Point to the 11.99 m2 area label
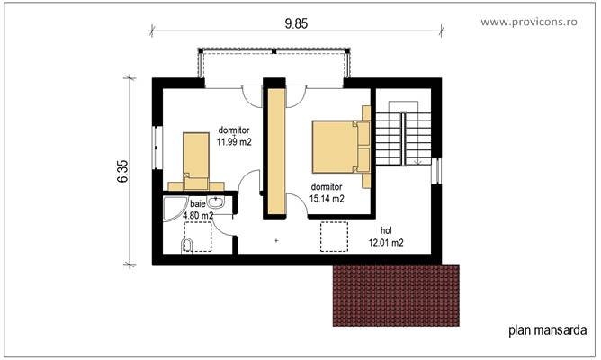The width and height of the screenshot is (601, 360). pos(233,140)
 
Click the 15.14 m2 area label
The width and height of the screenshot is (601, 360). pos(327,199)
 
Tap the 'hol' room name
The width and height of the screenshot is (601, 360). pos(386,230)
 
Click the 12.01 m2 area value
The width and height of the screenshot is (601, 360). pos(385,243)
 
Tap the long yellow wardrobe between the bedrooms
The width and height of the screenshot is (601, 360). pos(275,150)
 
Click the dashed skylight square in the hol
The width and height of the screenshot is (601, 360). pos(336,237)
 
